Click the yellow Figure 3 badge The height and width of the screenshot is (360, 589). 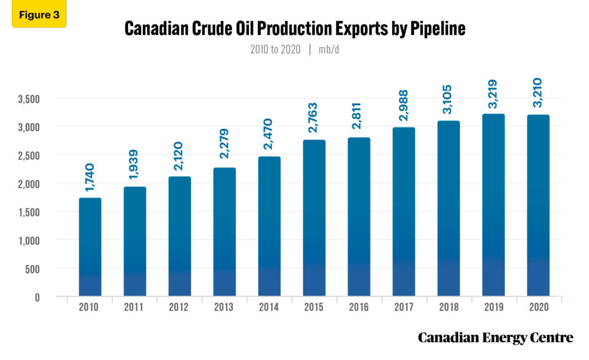[x=39, y=15]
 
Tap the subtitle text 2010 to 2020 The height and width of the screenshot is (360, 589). [x=275, y=50]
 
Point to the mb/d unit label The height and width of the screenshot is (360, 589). [x=328, y=50]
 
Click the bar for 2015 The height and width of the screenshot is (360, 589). [x=314, y=218]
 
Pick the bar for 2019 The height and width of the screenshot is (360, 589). [x=493, y=205]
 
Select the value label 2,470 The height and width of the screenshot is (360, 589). [x=269, y=131]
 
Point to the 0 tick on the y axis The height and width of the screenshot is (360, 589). [x=37, y=297]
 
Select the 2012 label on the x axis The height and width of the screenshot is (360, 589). [x=180, y=307]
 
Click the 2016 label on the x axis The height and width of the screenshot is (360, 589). [x=359, y=307]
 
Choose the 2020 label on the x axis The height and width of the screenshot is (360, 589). [x=538, y=307]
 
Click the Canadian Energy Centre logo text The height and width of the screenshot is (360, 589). [x=495, y=338]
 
